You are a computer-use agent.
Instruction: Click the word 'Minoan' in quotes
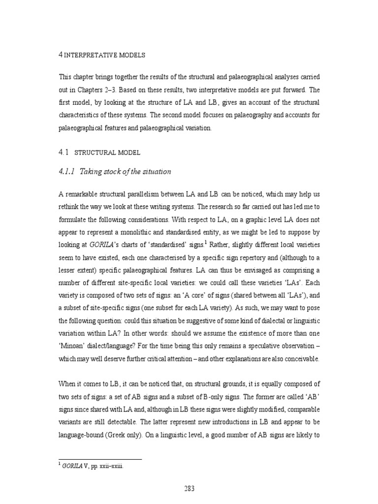point(77,345)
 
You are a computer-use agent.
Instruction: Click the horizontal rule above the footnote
point(100,459)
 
